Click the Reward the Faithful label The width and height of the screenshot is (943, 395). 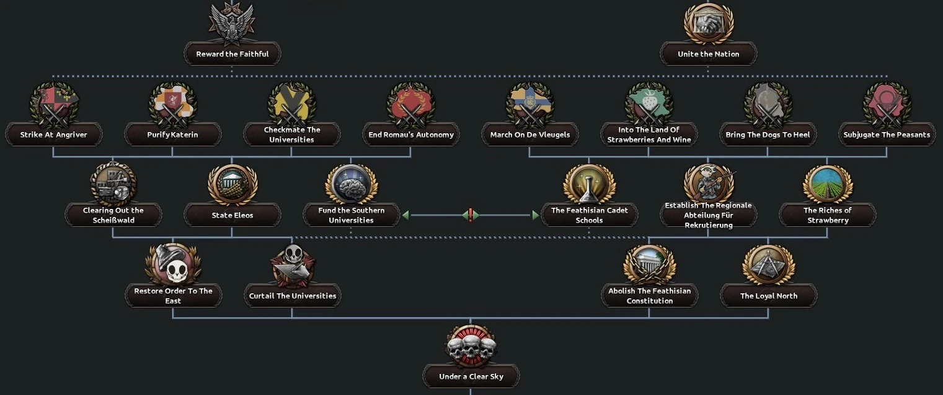coord(232,54)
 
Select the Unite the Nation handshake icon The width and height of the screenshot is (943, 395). coord(708,24)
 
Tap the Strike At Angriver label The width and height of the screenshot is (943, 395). coord(54,135)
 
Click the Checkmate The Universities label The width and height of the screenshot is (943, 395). coord(292,135)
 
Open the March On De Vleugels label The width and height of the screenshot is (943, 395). coord(529,135)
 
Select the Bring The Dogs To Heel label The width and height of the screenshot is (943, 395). coord(768,135)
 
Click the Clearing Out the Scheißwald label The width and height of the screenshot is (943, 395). coord(113,215)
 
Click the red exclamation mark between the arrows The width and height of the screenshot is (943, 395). coord(471,215)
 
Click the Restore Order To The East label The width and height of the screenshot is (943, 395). coord(173,296)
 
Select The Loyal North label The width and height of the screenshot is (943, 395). coord(768,296)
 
